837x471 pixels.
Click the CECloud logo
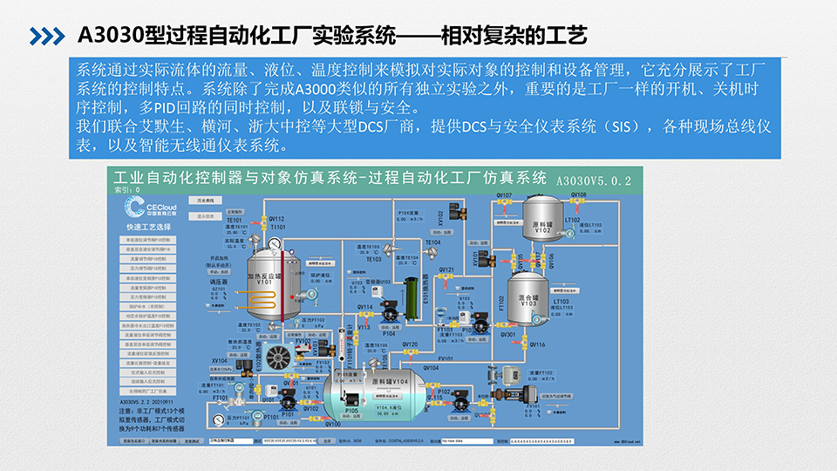tap(145, 207)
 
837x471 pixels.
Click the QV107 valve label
tap(504, 195)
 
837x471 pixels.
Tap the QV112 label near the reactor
tap(276, 218)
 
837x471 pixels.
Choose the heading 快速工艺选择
tap(147, 228)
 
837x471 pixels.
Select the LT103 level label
tap(561, 301)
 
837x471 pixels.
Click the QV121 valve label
tap(446, 270)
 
